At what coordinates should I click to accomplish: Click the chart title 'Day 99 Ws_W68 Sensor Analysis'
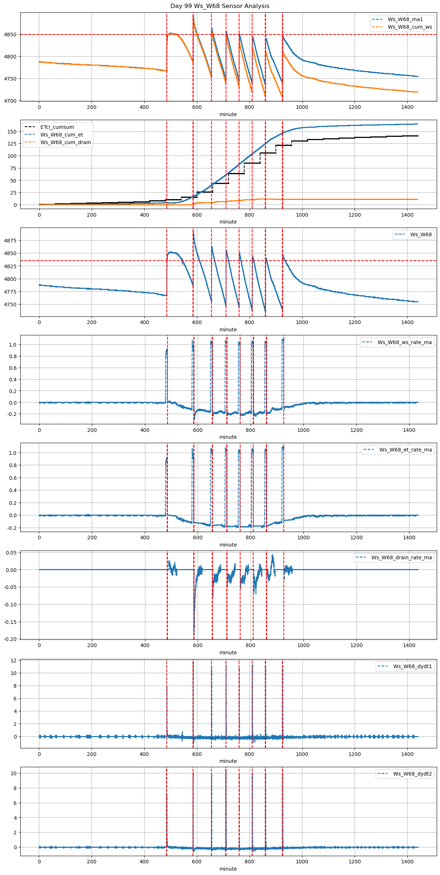click(x=220, y=6)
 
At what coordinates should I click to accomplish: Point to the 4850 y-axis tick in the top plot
click(x=10, y=35)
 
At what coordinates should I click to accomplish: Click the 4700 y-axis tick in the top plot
click(x=10, y=101)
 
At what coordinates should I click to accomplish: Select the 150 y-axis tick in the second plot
click(x=12, y=132)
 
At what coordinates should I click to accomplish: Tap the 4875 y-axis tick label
click(x=10, y=241)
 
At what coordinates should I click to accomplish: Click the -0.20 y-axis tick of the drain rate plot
click(x=10, y=639)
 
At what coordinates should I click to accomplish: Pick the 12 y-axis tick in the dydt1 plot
click(x=14, y=661)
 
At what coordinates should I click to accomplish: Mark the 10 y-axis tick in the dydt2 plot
click(x=14, y=773)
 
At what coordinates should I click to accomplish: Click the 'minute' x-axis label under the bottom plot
click(x=228, y=869)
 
